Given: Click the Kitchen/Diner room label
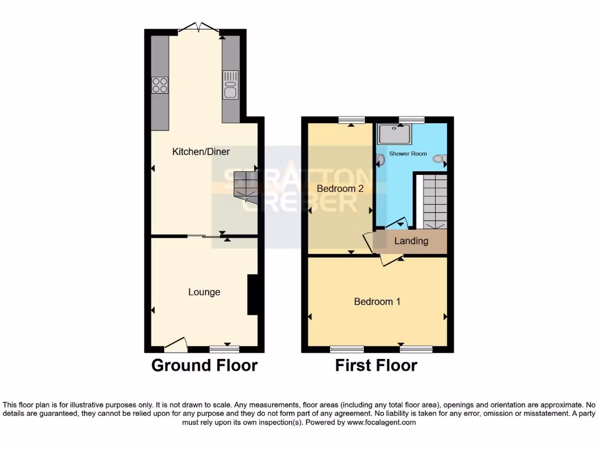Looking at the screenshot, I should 201,152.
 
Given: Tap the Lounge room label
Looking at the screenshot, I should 204,292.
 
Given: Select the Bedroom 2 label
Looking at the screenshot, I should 340,189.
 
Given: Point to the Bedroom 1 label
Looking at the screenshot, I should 377,302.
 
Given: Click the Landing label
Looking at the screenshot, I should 411,241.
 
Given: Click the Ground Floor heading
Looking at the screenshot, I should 204,365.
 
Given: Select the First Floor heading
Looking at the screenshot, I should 376,365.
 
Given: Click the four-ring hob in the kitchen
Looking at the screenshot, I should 159,85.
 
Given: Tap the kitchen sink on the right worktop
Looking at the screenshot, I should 231,85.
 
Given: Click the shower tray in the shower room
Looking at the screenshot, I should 395,134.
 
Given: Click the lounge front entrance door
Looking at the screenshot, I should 175,345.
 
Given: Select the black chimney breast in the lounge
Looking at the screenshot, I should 252,295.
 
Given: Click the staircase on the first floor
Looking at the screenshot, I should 434,202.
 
